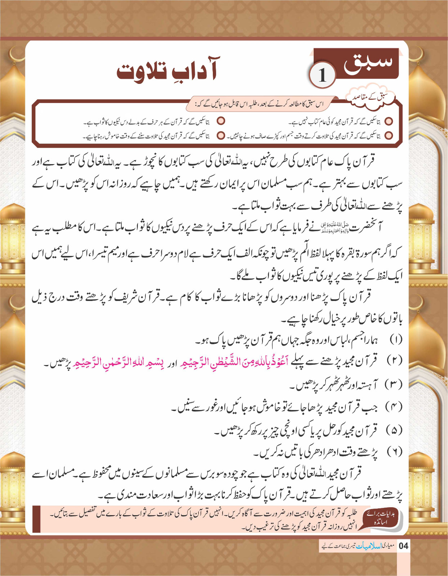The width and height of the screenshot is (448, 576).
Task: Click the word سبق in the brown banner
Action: pyautogui.click(x=367, y=63)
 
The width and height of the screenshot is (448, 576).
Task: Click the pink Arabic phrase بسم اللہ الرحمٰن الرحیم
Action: pyautogui.click(x=112, y=362)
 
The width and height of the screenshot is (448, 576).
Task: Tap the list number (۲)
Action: pyautogui.click(x=394, y=361)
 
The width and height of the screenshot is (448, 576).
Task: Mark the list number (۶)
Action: pyautogui.click(x=394, y=451)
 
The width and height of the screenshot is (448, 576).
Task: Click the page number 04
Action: pyautogui.click(x=404, y=546)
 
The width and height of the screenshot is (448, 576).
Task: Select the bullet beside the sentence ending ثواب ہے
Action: pyautogui.click(x=221, y=121)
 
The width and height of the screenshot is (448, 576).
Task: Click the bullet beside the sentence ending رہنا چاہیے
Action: pyautogui.click(x=221, y=136)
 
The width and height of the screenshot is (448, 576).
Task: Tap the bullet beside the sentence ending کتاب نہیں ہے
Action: pyautogui.click(x=389, y=121)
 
